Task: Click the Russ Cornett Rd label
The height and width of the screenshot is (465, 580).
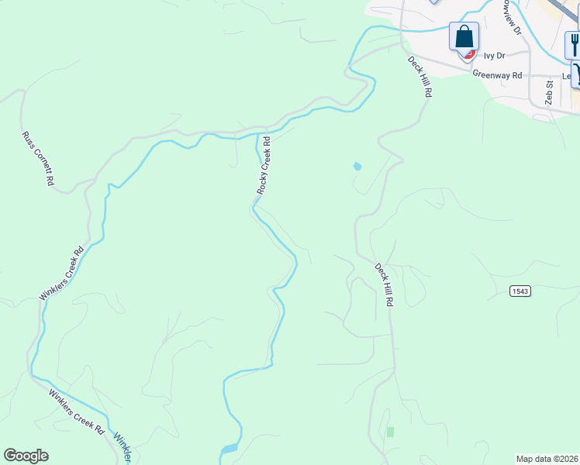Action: pyautogui.click(x=37, y=158)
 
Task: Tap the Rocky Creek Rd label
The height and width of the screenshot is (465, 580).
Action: pyautogui.click(x=264, y=165)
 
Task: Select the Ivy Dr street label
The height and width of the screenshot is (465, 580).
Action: pyautogui.click(x=494, y=56)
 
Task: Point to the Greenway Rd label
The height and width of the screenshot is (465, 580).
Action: pyautogui.click(x=498, y=76)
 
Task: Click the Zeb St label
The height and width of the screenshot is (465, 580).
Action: pyautogui.click(x=549, y=92)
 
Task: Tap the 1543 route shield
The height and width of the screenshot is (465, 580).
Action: pyautogui.click(x=520, y=291)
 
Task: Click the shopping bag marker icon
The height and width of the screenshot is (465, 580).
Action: pyautogui.click(x=464, y=37)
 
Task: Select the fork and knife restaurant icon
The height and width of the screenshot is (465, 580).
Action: pyautogui.click(x=574, y=44)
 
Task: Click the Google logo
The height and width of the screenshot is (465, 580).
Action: pyautogui.click(x=26, y=455)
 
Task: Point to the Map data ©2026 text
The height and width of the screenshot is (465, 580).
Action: pyautogui.click(x=547, y=459)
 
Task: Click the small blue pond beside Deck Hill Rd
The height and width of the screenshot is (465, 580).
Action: pyautogui.click(x=357, y=166)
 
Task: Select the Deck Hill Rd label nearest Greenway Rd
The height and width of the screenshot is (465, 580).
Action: pyautogui.click(x=419, y=76)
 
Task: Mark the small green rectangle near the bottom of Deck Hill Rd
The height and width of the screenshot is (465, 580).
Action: pyautogui.click(x=390, y=431)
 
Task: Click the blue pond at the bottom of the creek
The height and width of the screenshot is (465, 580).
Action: pyautogui.click(x=230, y=449)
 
